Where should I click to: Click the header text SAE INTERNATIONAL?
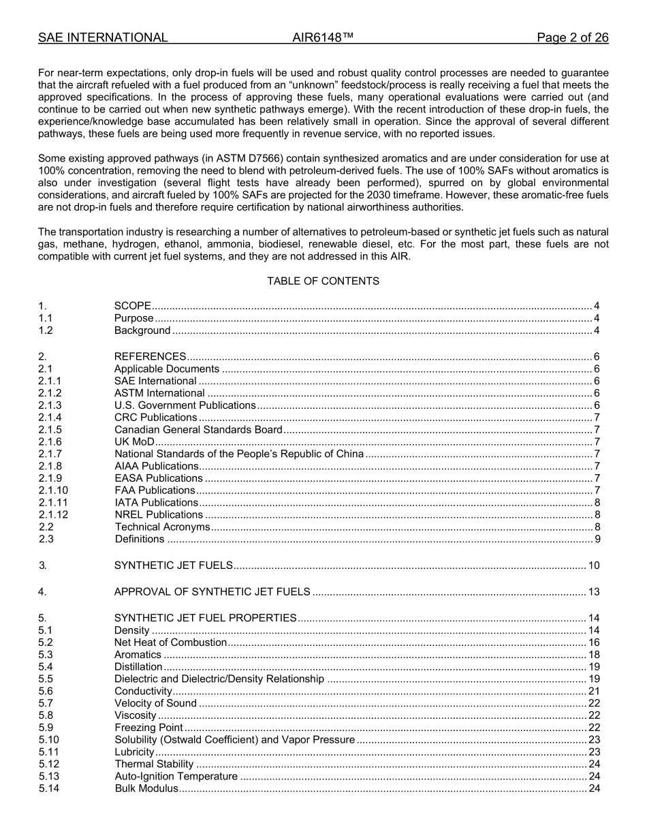pos(103,37)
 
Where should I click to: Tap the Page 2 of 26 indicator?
pos(572,37)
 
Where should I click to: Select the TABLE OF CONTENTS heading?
pos(323,281)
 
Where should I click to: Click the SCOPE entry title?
pos(133,306)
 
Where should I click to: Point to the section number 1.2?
pos(46,330)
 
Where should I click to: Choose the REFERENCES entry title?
pos(150,356)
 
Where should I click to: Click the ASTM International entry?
pos(159,393)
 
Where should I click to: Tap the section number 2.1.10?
pos(54,491)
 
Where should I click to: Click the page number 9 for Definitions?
pos(597,539)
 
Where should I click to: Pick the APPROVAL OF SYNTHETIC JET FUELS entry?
pos(212,592)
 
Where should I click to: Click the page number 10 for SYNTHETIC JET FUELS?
pos(593,565)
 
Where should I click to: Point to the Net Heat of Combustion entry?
pos(170,642)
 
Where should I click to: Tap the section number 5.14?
pos(49,788)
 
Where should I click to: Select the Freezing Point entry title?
pos(148,728)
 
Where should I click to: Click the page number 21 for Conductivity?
pos(593,691)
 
